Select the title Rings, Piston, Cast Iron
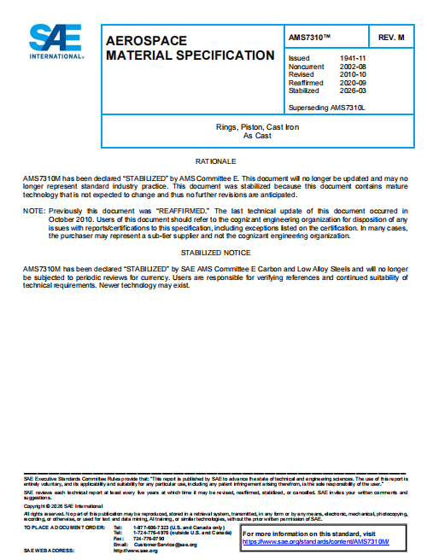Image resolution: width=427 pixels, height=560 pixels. click(x=255, y=127)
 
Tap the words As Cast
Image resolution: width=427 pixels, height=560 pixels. click(x=255, y=136)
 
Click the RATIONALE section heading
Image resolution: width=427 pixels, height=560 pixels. click(x=213, y=160)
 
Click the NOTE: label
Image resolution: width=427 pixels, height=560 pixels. click(x=33, y=209)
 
